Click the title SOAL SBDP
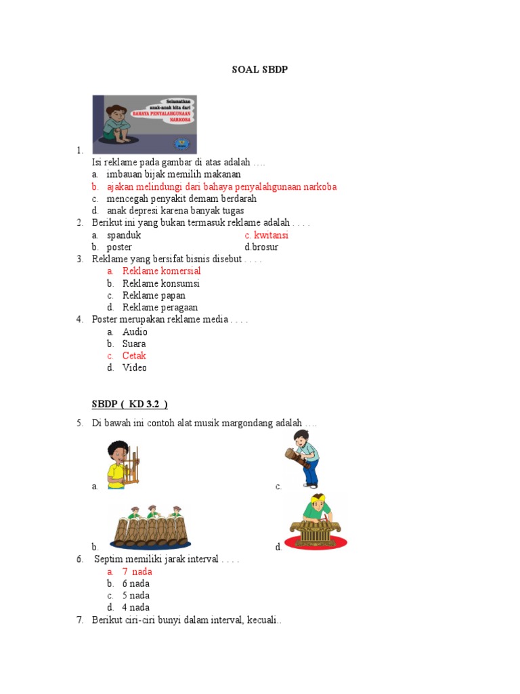(x=260, y=70)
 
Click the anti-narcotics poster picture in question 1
(x=144, y=124)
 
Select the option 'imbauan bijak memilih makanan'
(x=173, y=174)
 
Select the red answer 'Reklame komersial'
(x=161, y=271)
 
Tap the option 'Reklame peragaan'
(x=160, y=308)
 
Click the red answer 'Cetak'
(x=134, y=356)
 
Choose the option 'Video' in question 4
(x=134, y=368)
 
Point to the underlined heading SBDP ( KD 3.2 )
(x=129, y=405)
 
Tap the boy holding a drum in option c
(x=303, y=459)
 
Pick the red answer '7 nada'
(x=137, y=571)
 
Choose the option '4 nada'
(x=135, y=608)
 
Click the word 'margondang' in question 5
(x=246, y=424)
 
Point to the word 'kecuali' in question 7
(x=262, y=620)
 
